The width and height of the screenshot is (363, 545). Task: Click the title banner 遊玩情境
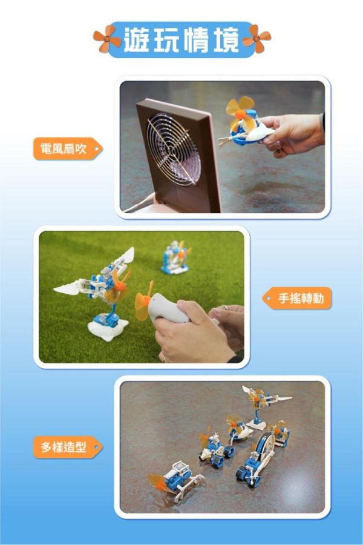click(x=181, y=39)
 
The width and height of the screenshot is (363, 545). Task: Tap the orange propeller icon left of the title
click(x=107, y=38)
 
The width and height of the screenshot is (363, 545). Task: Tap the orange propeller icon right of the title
click(x=257, y=38)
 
